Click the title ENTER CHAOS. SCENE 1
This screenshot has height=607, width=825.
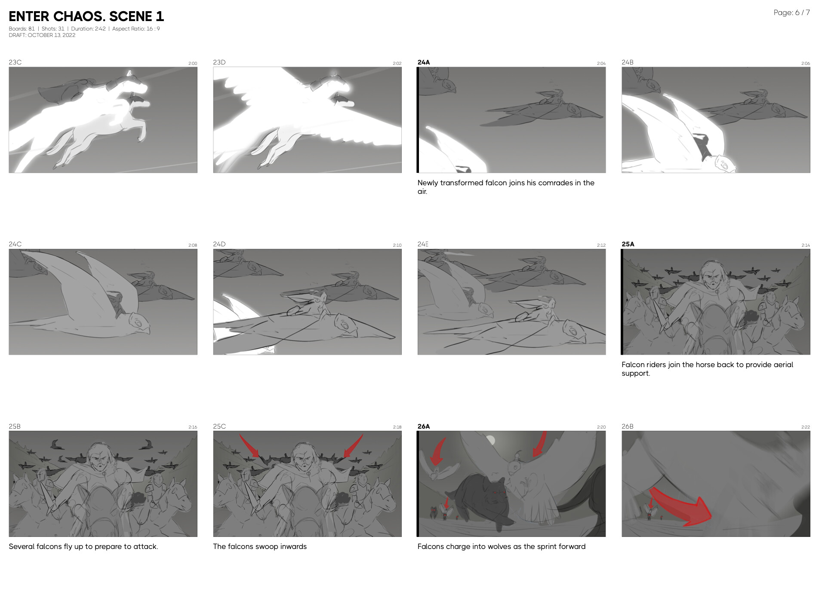86,16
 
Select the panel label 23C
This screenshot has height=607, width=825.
15,62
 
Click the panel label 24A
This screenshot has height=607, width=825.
424,62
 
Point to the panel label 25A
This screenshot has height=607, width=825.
628,244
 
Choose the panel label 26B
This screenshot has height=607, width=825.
628,426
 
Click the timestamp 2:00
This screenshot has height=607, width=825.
193,64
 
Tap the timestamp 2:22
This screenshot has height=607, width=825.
806,427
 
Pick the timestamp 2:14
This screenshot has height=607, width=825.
806,245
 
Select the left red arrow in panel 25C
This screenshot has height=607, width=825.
249,445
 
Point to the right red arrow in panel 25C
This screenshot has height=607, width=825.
354,445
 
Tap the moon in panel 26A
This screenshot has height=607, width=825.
490,440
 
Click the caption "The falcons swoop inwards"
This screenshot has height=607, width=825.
260,547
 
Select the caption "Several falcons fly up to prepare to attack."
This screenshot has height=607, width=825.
83,547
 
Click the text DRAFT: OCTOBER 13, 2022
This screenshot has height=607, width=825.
42,35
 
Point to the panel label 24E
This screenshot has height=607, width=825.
423,244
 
